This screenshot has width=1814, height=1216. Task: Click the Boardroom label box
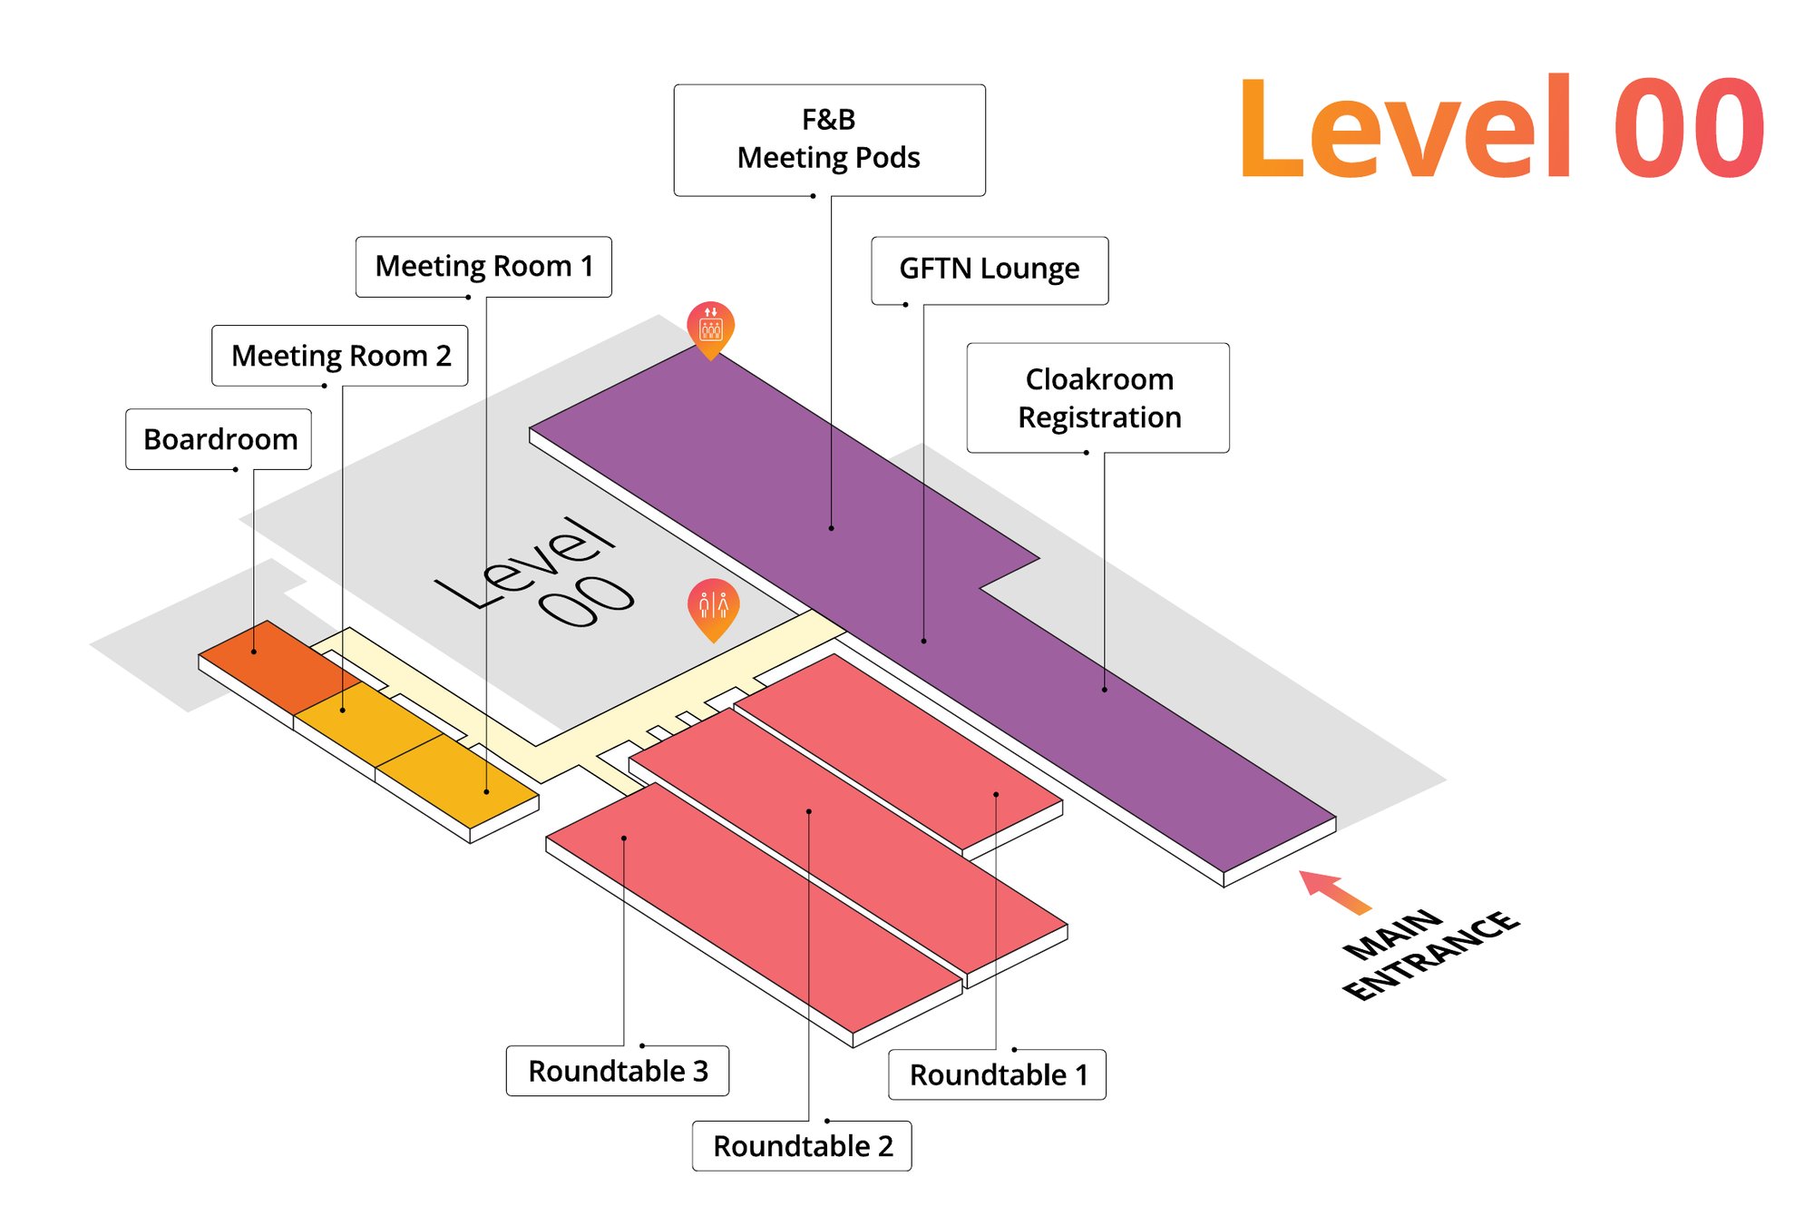point(219,439)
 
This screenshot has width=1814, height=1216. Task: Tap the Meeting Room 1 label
point(483,267)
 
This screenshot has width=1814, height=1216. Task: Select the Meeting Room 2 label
point(340,356)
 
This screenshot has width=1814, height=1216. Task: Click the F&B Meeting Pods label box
point(829,140)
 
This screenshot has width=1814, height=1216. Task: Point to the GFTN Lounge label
point(990,270)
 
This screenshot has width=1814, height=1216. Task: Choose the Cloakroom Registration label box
point(1098,397)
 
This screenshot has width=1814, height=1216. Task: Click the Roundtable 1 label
point(997,1074)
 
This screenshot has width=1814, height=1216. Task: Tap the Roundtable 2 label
point(802,1146)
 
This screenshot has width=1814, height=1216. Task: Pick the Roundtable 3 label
point(618,1071)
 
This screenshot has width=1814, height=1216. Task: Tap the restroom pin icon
point(714,608)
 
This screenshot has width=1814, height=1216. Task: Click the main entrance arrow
point(1335,891)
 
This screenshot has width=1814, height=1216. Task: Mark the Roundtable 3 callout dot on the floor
point(624,838)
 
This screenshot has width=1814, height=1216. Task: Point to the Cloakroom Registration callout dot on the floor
point(1105,690)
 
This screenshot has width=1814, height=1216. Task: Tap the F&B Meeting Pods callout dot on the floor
point(831,528)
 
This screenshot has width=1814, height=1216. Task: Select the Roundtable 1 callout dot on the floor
point(996,795)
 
